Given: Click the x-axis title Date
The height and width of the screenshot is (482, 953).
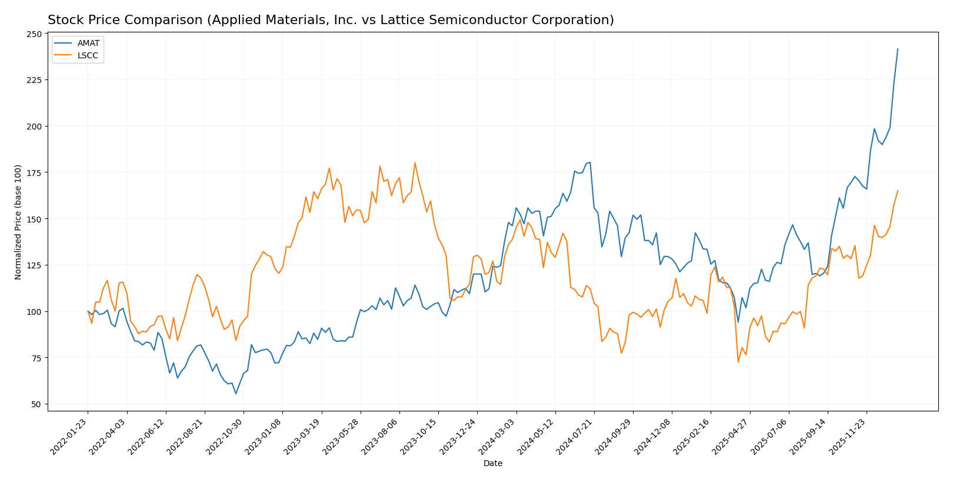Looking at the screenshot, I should [x=492, y=464].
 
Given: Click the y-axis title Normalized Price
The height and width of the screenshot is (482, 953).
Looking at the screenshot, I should [x=18, y=222].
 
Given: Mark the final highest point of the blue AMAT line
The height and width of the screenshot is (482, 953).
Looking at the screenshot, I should [x=898, y=49].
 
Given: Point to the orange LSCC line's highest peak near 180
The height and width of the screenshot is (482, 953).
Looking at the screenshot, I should [x=415, y=163].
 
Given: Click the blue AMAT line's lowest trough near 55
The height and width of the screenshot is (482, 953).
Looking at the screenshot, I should [x=236, y=393].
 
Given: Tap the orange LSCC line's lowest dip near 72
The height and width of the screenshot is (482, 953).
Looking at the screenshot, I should [x=738, y=362].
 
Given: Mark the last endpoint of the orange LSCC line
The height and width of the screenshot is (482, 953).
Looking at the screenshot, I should [x=898, y=191].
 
